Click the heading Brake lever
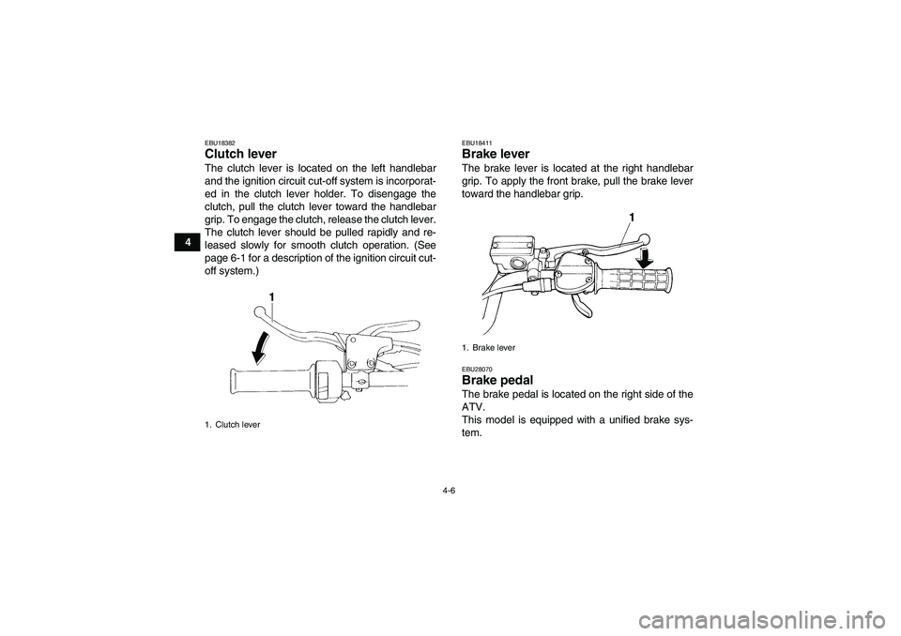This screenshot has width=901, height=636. (496, 153)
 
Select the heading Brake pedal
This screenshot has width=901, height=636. (497, 380)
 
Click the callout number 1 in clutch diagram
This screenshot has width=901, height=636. (270, 296)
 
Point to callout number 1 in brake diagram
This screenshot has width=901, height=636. (632, 217)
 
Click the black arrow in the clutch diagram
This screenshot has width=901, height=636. (261, 348)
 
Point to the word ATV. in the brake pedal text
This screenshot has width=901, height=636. (477, 406)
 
